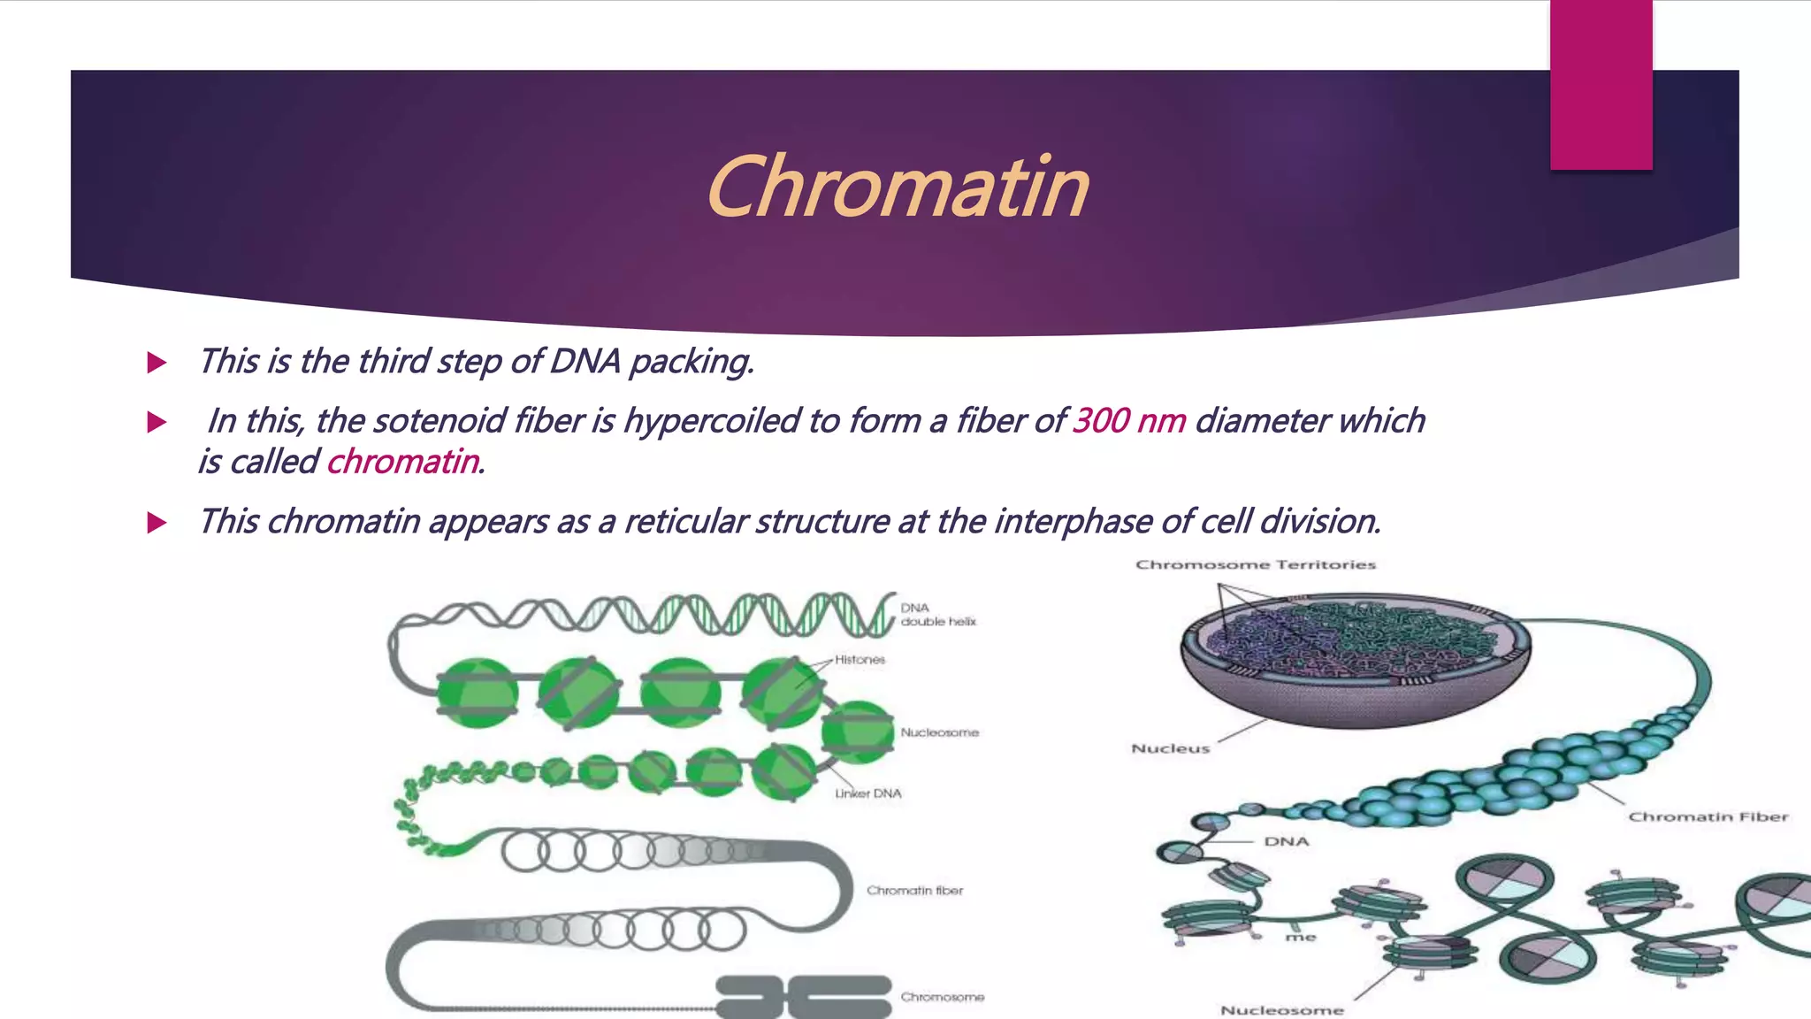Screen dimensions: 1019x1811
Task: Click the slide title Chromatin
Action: pyautogui.click(x=897, y=188)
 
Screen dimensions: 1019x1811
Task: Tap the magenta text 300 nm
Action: pyautogui.click(x=1129, y=421)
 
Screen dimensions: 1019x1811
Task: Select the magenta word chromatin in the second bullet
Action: pyautogui.click(x=403, y=462)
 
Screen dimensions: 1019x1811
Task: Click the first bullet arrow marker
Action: pyautogui.click(x=157, y=363)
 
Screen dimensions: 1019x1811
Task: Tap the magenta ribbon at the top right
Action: pyautogui.click(x=1601, y=84)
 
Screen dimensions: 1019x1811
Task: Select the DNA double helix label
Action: pyautogui.click(x=937, y=615)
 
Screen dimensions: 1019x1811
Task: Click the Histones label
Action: pyautogui.click(x=860, y=660)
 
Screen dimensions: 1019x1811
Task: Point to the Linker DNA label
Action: pyautogui.click(x=868, y=793)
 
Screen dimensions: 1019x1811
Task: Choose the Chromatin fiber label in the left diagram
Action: pyautogui.click(x=914, y=891)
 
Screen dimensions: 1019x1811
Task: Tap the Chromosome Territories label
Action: pyautogui.click(x=1256, y=564)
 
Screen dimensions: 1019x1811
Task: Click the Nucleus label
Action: pyautogui.click(x=1170, y=748)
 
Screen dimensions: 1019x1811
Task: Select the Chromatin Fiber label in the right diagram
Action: pyautogui.click(x=1708, y=817)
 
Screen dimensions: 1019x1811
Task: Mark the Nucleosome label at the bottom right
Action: pyautogui.click(x=1281, y=1010)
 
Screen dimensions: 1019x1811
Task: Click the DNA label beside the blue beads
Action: pyautogui.click(x=1286, y=841)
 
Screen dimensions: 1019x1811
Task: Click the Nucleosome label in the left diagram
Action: pyautogui.click(x=939, y=732)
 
